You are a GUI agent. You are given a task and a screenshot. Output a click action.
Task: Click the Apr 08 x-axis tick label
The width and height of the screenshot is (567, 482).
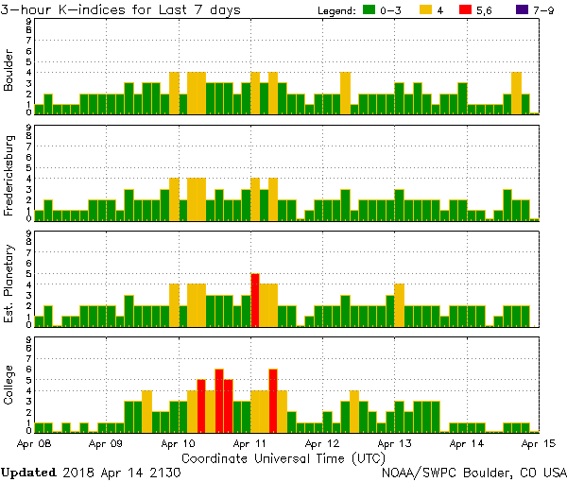pyautogui.click(x=35, y=442)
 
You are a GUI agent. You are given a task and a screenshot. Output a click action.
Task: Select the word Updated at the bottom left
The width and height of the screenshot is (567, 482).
pyautogui.click(x=28, y=471)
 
